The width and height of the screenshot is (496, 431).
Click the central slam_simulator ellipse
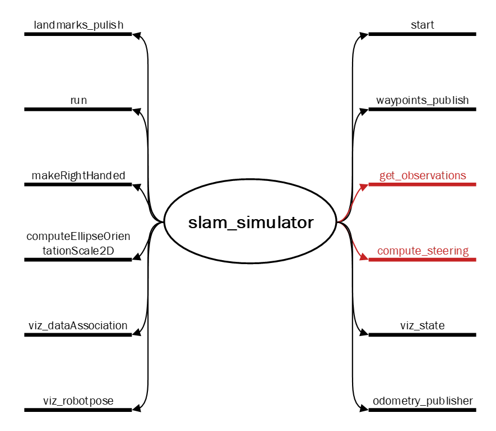point(250,223)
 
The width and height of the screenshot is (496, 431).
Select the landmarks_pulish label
point(78,25)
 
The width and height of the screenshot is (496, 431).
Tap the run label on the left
point(78,100)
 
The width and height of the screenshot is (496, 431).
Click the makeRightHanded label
point(78,175)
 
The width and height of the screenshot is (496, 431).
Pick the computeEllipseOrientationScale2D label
point(78,243)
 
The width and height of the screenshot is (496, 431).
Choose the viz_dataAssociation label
point(78,326)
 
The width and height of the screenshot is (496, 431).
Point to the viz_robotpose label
point(78,401)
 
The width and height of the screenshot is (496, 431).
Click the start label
point(422,25)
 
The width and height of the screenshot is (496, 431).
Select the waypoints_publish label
point(422,100)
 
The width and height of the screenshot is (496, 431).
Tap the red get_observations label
point(422,175)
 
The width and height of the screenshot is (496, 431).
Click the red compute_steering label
point(422,251)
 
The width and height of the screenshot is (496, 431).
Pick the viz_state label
point(422,326)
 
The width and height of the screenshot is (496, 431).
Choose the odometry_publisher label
point(422,401)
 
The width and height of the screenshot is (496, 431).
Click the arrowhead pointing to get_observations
point(364,185)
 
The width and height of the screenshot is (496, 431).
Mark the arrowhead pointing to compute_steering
point(364,259)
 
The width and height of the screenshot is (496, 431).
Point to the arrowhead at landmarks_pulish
point(136,35)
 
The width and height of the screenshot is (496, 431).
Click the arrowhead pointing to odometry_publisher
point(364,410)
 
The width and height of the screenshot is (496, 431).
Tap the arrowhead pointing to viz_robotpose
point(136,410)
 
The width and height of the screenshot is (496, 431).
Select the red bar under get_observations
point(422,184)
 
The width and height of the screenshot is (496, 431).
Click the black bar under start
point(422,34)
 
